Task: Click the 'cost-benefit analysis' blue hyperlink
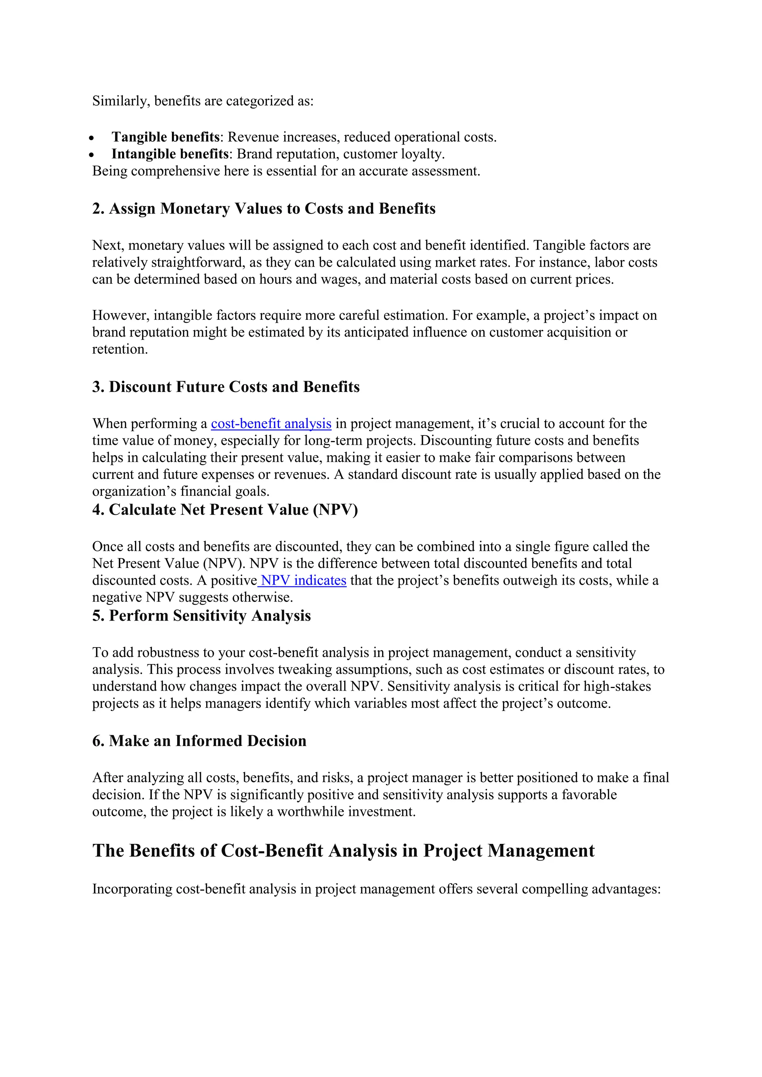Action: click(271, 424)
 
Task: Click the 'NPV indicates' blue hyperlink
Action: click(303, 580)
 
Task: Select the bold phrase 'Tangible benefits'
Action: click(165, 137)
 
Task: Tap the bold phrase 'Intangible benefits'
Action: click(170, 154)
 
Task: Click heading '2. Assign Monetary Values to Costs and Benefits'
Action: click(264, 209)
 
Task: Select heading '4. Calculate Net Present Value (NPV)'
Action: click(225, 510)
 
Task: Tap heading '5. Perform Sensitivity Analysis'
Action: click(201, 616)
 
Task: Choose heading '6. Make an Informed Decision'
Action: click(199, 741)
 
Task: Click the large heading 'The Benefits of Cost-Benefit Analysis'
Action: click(343, 851)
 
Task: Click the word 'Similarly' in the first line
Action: click(120, 101)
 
